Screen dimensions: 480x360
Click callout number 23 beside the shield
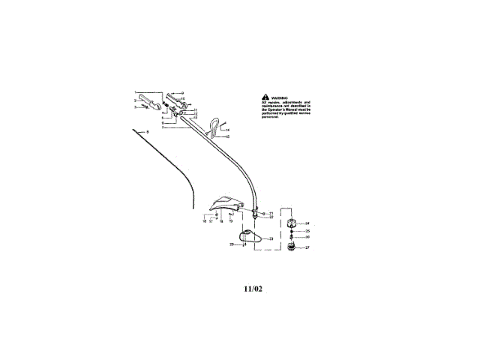[x=271, y=237]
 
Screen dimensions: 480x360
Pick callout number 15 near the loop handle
[x=226, y=136]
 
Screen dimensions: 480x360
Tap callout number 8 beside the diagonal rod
[x=148, y=132]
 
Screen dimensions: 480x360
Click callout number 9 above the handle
[x=182, y=92]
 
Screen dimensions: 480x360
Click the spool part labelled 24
[x=291, y=223]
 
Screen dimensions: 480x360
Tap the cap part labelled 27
[x=290, y=247]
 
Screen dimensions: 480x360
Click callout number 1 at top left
[x=136, y=93]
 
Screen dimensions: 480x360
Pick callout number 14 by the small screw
[x=226, y=130]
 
